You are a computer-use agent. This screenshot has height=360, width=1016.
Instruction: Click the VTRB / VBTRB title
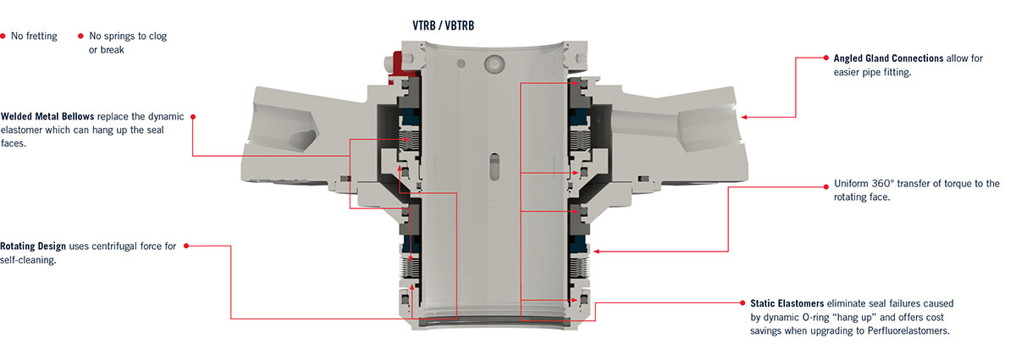coord(443,25)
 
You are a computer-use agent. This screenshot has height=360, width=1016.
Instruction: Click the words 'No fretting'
coord(34,36)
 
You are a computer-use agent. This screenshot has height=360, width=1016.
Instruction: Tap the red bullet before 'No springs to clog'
coord(80,36)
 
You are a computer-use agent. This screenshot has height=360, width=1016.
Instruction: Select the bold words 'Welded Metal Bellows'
coord(47,116)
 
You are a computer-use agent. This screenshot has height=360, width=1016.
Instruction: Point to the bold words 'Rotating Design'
coord(33,246)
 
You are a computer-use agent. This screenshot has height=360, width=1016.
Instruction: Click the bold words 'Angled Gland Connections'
coord(888,58)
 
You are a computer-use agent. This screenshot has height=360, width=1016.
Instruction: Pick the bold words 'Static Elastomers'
coord(787,303)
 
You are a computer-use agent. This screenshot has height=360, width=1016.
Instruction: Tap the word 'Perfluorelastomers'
coord(908,331)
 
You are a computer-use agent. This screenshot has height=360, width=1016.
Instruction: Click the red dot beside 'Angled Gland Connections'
coord(826,58)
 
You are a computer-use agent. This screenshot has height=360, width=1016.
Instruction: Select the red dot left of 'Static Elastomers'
coord(743,302)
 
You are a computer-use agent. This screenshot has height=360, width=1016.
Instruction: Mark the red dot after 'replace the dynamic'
coord(193,117)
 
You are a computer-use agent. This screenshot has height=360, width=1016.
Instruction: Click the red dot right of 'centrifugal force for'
coord(186,246)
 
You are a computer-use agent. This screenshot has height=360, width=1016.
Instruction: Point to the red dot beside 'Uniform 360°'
coord(826,186)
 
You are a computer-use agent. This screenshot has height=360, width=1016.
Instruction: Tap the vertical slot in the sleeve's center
coord(494,167)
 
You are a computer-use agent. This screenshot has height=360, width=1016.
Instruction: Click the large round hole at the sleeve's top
coord(494,64)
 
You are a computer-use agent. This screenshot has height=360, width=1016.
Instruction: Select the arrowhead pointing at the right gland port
coord(744,117)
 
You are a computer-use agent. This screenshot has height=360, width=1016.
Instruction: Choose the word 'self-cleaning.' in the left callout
coord(28,260)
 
